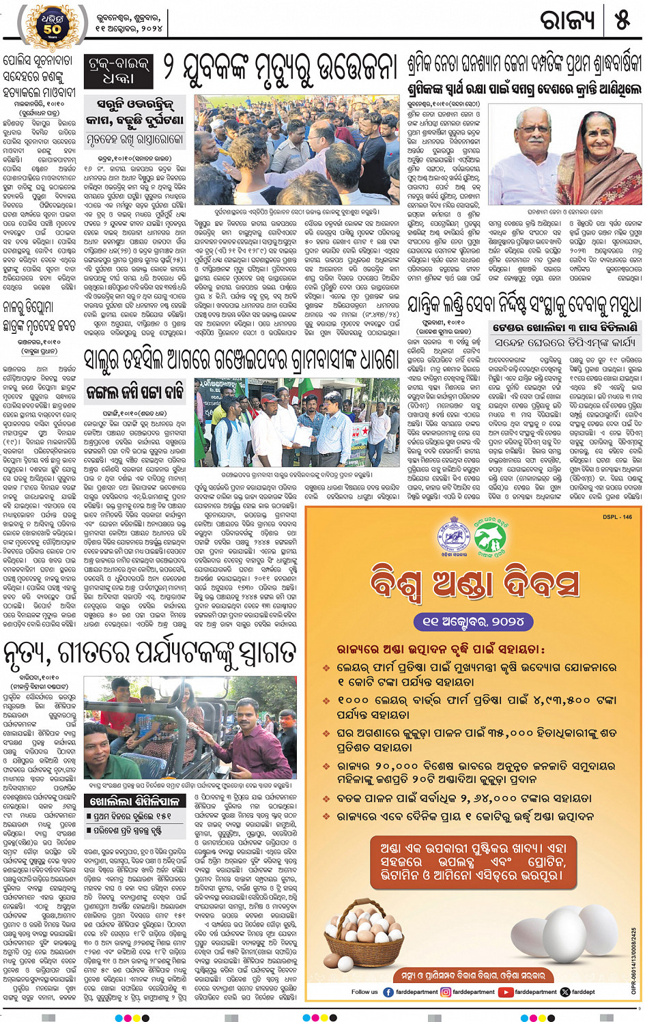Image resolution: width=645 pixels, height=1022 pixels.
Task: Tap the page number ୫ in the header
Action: coord(622,20)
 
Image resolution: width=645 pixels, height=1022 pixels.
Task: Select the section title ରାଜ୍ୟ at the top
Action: coord(567,20)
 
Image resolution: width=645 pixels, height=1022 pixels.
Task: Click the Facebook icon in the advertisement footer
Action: coord(388,992)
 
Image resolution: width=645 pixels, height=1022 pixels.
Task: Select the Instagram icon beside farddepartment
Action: coord(446,992)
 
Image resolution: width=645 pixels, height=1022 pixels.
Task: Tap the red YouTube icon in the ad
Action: coord(506,992)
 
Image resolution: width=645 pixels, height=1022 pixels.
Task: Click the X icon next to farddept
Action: coord(564,992)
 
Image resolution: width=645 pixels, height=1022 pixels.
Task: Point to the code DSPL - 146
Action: coord(617,517)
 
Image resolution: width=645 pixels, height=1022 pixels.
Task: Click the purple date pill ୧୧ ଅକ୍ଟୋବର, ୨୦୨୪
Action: coord(474,621)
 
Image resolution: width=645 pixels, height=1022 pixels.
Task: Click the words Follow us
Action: coord(364,992)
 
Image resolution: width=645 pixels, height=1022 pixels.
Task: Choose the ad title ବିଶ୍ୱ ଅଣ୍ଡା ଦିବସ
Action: coord(474,585)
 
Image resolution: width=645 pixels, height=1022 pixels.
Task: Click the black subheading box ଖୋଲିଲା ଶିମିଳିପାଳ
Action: coord(134,801)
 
